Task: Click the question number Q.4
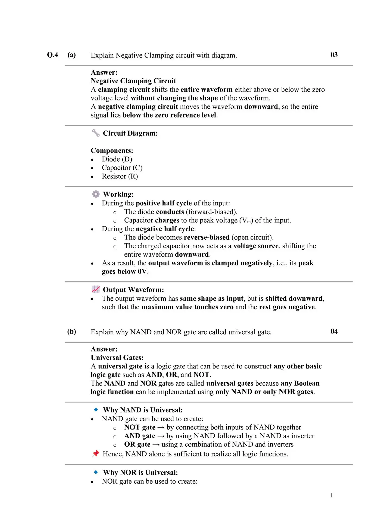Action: [x=52, y=55]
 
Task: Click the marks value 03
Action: [x=334, y=55]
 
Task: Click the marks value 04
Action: [x=334, y=331]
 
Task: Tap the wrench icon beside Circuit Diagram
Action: [x=96, y=133]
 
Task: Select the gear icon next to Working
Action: [x=96, y=194]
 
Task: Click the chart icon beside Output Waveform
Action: [x=96, y=289]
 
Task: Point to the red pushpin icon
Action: [x=96, y=453]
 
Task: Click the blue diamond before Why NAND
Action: [x=96, y=409]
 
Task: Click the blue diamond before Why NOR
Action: [x=96, y=472]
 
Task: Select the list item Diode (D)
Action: [x=117, y=159]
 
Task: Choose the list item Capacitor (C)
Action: [x=122, y=168]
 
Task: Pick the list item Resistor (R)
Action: [x=120, y=176]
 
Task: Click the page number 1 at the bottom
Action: [x=332, y=495]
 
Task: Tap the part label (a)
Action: [x=71, y=55]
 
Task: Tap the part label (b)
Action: [x=71, y=331]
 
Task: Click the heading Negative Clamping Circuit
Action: [x=133, y=81]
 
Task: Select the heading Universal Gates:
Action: [x=117, y=358]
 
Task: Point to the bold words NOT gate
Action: [x=140, y=427]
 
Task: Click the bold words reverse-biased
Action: [x=207, y=237]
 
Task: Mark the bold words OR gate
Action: [x=137, y=444]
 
